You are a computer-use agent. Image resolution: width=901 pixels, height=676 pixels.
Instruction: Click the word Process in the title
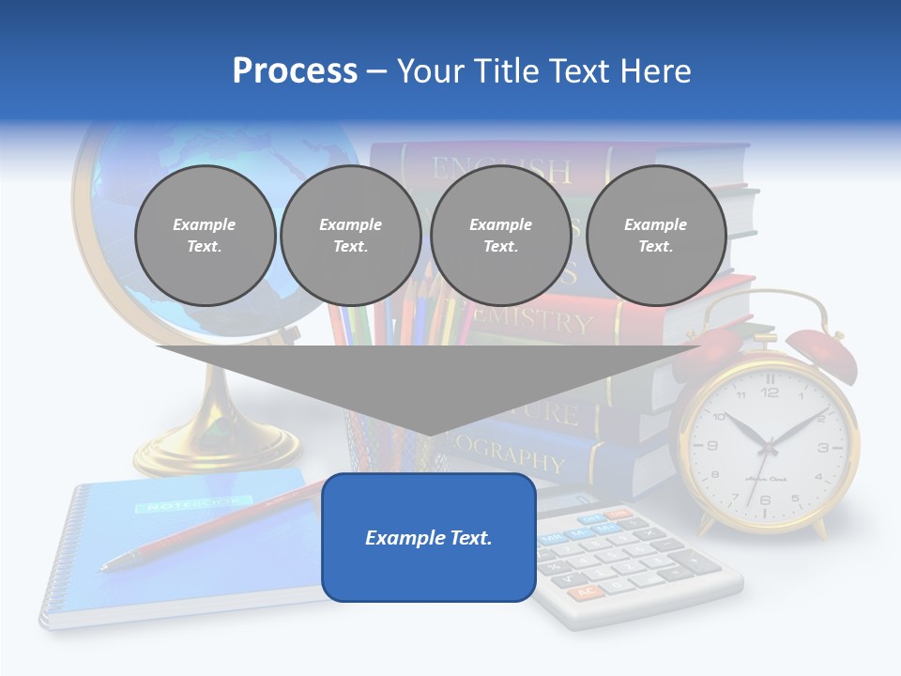295,71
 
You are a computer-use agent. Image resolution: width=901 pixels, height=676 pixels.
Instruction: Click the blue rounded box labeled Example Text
429,537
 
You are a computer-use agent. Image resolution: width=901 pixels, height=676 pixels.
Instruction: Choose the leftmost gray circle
205,235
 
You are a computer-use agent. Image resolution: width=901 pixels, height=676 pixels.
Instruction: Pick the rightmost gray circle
656,235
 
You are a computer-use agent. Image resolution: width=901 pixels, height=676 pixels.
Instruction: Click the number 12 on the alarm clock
770,392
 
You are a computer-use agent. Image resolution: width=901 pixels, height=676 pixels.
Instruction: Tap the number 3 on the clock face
823,448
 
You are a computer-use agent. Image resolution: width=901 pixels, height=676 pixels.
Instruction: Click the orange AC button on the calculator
586,592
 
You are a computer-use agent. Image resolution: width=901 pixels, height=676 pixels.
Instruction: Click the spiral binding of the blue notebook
58,554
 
